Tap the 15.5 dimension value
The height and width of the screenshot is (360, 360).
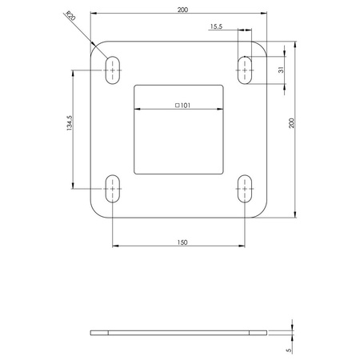pos(216,26)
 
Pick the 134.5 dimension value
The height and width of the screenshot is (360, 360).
pos(70,128)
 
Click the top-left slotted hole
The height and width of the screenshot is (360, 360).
pos(112,70)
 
